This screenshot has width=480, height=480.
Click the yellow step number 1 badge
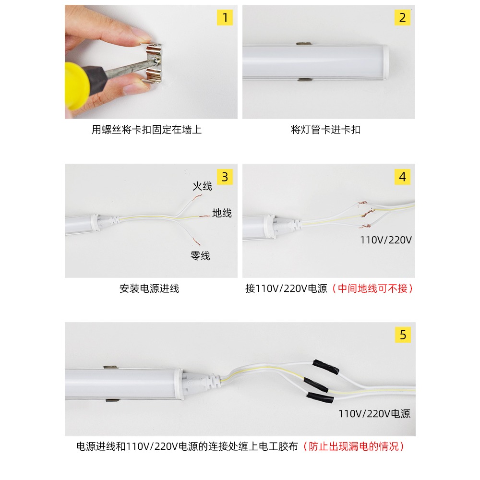click(x=225, y=18)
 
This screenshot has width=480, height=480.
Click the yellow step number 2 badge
click(x=402, y=18)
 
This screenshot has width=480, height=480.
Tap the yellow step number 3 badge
click(x=225, y=177)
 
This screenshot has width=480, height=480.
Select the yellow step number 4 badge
click(x=402, y=177)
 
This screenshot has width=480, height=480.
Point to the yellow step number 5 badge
click(x=402, y=335)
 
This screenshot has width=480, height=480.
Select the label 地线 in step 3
click(x=222, y=213)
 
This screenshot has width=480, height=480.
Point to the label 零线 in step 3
click(x=200, y=256)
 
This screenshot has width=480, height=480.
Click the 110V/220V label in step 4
click(x=386, y=240)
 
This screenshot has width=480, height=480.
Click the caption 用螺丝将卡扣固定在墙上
click(x=147, y=130)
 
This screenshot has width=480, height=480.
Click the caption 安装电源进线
click(x=149, y=288)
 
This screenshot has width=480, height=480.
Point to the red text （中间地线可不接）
click(x=372, y=288)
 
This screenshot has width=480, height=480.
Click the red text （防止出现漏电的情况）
click(x=355, y=446)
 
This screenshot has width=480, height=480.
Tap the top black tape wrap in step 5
click(x=326, y=366)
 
